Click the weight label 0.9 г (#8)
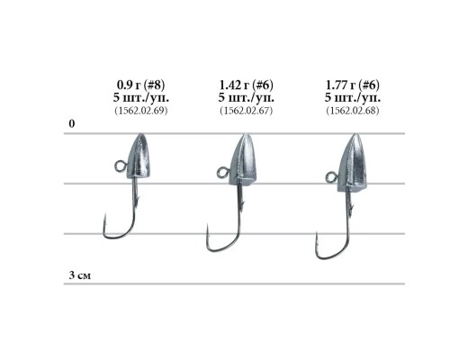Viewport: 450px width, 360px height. pos(140,85)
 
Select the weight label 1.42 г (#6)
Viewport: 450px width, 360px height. pos(247,85)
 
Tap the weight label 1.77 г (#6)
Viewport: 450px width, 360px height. pos(353,85)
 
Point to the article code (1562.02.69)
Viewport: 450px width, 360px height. pos(141,111)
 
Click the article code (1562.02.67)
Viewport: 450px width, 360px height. pos(247,111)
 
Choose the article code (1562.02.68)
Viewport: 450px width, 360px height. pos(353,111)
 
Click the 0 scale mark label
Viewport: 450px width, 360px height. pos(71,123)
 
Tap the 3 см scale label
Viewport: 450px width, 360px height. pos(79,275)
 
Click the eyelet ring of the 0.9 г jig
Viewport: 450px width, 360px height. pos(121,166)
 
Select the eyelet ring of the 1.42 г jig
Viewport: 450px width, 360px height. pos(222,173)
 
